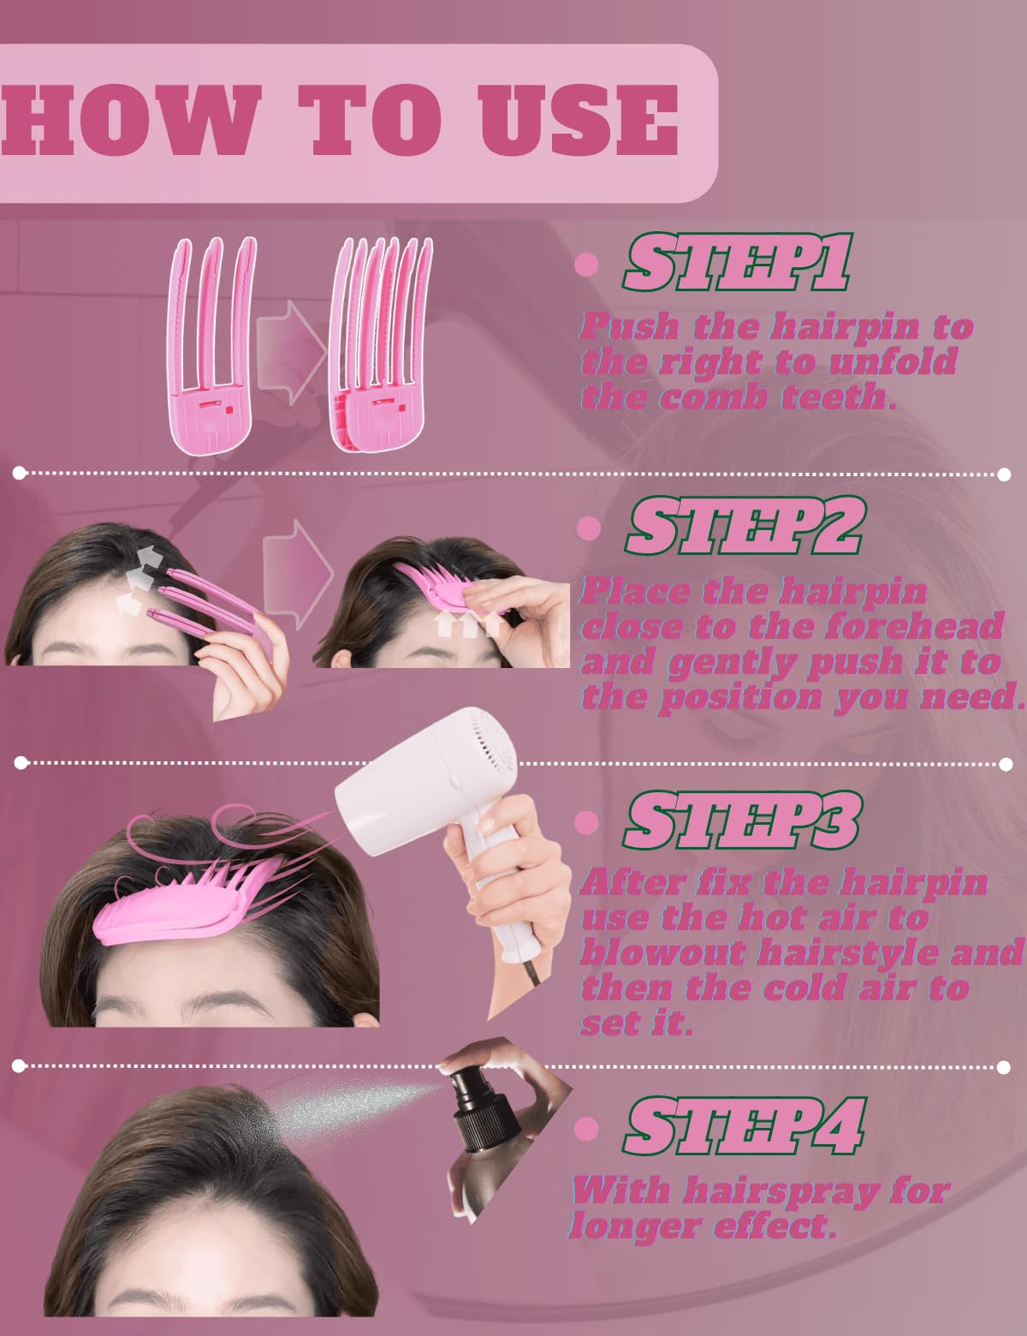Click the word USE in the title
[x=578, y=120]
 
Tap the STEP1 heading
[x=737, y=262]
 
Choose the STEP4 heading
[x=744, y=1124]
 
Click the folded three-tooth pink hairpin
[x=211, y=345]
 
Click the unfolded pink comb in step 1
[x=382, y=345]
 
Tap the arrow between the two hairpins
[x=291, y=352]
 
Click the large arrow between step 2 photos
[x=298, y=575]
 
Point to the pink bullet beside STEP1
[x=586, y=264]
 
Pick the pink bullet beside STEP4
[x=586, y=1128]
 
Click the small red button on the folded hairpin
[x=229, y=409]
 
